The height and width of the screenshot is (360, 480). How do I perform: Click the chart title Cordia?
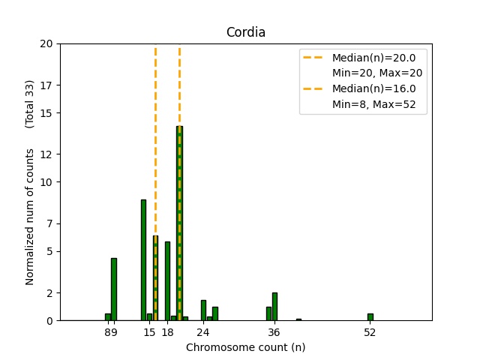(246, 33)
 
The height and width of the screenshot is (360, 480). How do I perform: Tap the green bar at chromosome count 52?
(370, 317)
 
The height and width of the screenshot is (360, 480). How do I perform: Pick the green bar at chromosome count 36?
(275, 307)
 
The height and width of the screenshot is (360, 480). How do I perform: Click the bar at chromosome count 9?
(114, 289)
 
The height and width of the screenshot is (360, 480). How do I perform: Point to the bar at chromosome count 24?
(203, 310)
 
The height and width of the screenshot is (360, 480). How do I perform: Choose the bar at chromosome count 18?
(167, 281)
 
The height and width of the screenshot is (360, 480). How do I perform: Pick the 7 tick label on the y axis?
(50, 223)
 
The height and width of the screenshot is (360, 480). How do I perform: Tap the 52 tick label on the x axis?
(370, 332)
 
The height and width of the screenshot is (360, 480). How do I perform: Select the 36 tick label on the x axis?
(274, 332)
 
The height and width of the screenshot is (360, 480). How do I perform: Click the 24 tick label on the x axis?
(203, 332)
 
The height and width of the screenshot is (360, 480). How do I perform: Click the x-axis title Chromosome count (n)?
(245, 347)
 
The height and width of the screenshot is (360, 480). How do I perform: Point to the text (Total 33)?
(30, 103)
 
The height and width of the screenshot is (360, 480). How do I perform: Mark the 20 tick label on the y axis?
(47, 43)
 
